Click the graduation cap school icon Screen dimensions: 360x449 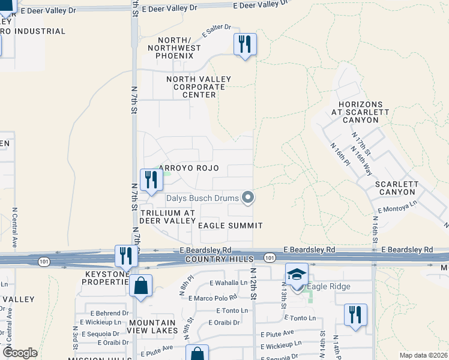(x=297, y=275)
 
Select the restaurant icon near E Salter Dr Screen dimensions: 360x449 (x=245, y=44)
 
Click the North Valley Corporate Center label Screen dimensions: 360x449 (x=191, y=86)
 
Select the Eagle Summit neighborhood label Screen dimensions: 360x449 (x=231, y=226)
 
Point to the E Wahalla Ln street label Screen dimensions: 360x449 (x=229, y=283)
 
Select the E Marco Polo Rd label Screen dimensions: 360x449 (x=212, y=298)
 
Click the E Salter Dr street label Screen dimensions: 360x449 (x=217, y=32)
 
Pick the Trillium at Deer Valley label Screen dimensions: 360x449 (x=167, y=217)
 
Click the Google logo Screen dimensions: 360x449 (x=20, y=353)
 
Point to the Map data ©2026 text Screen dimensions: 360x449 (x=423, y=355)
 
